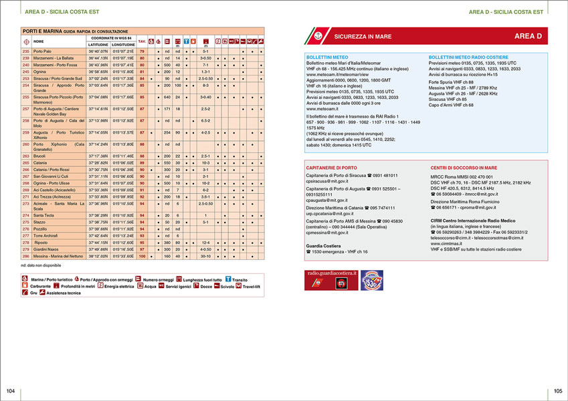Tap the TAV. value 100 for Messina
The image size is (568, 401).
(142, 256)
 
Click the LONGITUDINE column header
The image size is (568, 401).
(124, 44)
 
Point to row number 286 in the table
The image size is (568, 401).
(26, 256)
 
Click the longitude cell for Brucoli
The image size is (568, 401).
(124, 156)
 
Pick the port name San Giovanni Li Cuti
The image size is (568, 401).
(56, 176)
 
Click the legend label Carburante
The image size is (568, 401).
(42, 285)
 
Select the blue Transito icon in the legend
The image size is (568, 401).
(227, 279)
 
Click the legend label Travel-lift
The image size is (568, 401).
(254, 285)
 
